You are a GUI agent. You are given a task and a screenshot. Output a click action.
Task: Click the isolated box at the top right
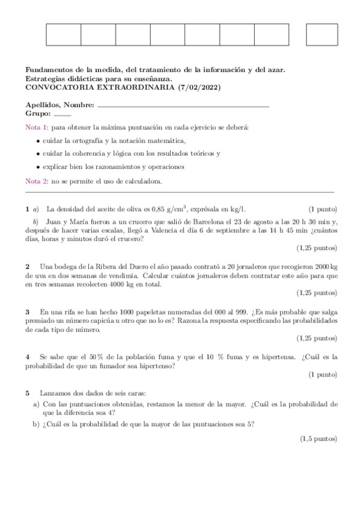[x=322, y=34]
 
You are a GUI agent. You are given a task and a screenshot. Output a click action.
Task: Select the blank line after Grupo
[x=62, y=114]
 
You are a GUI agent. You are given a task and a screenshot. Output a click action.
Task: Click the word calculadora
[x=142, y=181]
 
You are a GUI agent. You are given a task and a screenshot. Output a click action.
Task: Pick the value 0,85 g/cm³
[x=169, y=209]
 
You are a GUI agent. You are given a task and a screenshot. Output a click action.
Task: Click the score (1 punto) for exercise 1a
[x=323, y=209]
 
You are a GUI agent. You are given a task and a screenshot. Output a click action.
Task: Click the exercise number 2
[x=28, y=266]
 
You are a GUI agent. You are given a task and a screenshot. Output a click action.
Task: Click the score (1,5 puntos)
[x=319, y=439]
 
